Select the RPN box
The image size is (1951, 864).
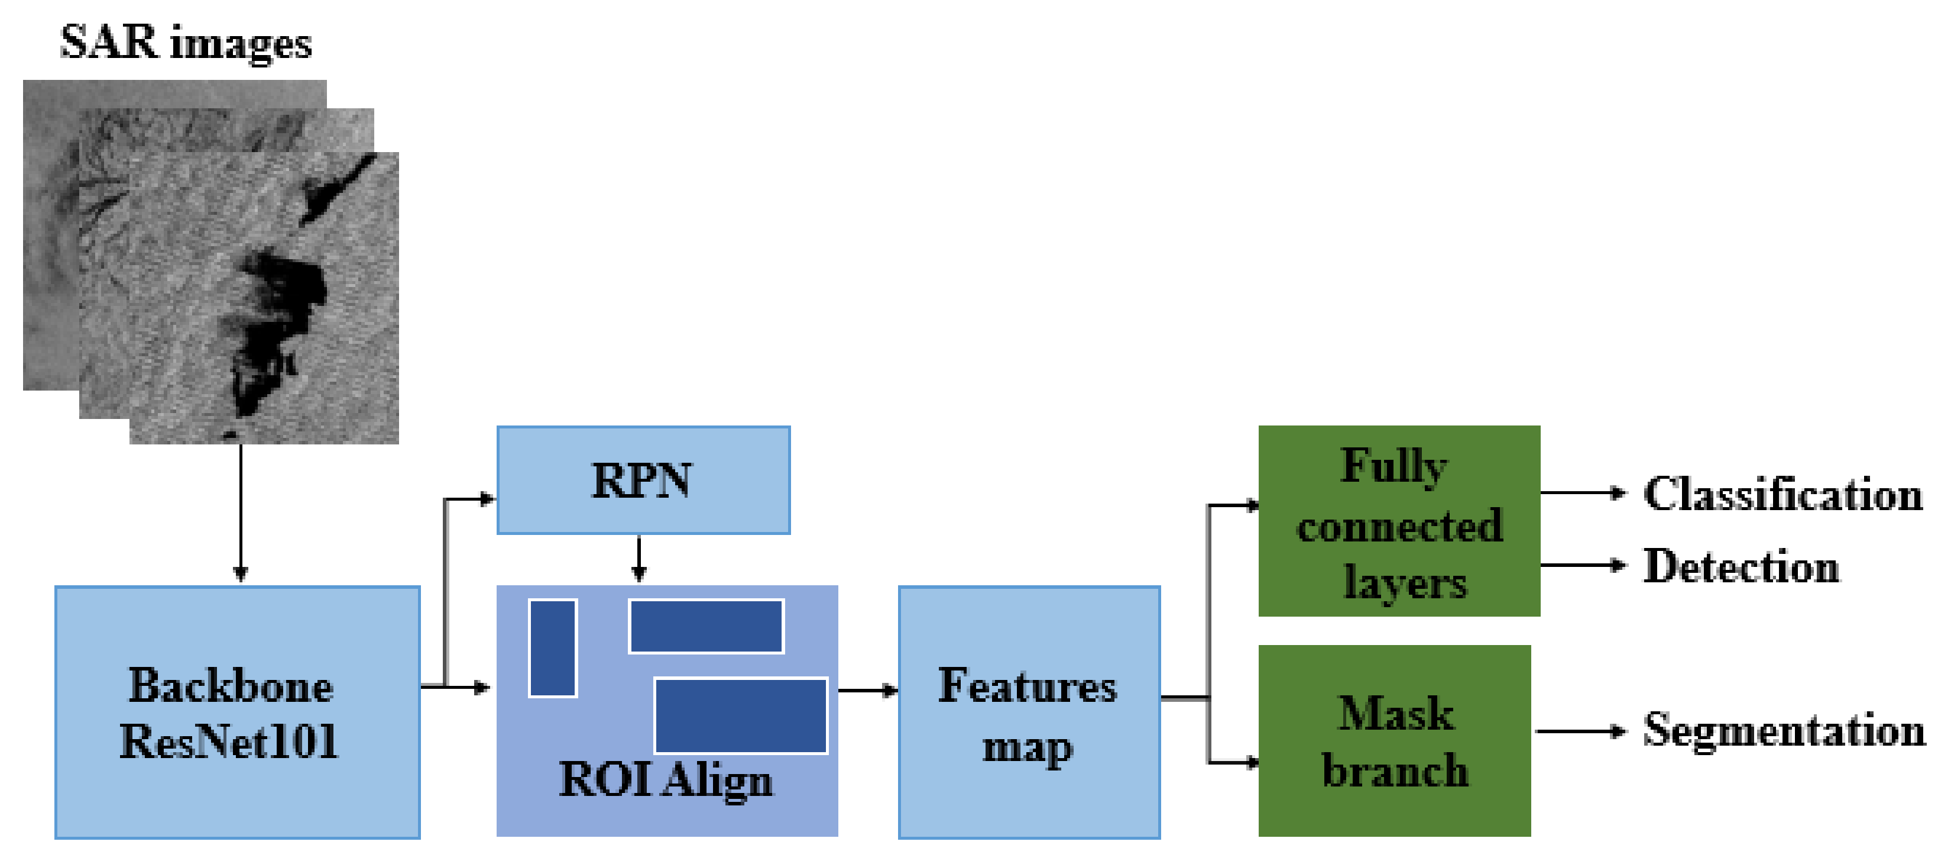coord(643,481)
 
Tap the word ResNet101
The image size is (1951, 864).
coord(229,742)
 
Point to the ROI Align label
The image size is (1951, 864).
coord(665,779)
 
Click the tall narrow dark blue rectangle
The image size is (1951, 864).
coord(553,648)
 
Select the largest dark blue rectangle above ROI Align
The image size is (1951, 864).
coord(740,715)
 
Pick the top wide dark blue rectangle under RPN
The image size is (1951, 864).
coord(706,626)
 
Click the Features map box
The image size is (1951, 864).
coord(1029,713)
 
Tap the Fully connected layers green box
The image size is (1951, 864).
coord(1399,521)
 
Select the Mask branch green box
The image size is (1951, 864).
coord(1394,742)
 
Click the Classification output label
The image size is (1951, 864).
coord(1782,494)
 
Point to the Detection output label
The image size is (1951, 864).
coord(1741,566)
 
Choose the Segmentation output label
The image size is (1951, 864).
coord(1784,731)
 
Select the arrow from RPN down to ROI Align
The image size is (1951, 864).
coord(639,559)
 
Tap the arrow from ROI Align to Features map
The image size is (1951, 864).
coord(867,691)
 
